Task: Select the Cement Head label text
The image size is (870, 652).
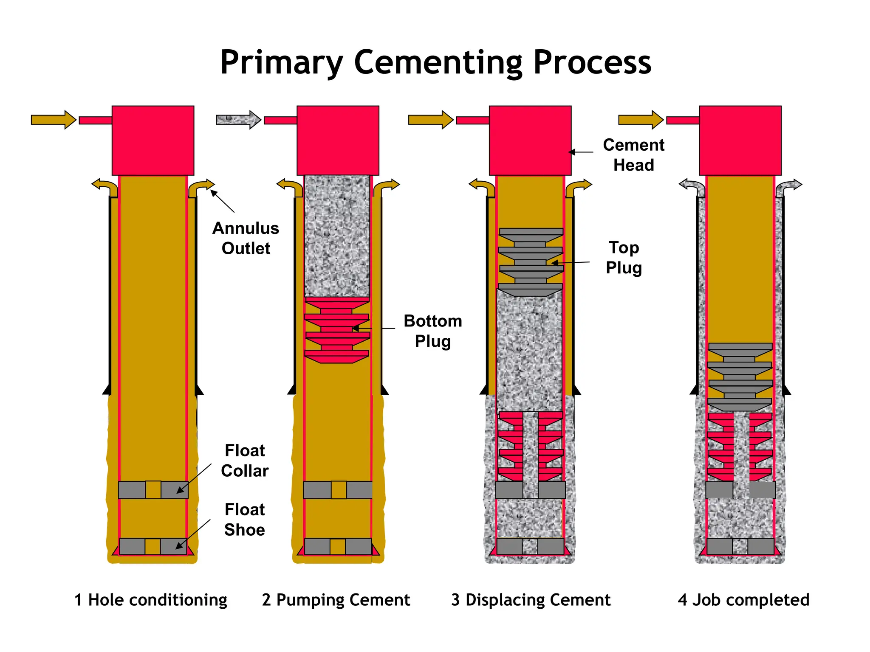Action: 633,155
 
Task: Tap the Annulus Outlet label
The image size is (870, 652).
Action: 246,238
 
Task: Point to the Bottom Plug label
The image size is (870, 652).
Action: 432,331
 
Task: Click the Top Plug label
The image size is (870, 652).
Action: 624,257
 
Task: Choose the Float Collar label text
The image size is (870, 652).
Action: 245,461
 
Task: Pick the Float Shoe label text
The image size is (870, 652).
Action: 245,520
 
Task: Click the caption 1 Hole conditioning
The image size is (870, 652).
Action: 151,600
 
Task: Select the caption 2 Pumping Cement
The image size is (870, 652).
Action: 336,600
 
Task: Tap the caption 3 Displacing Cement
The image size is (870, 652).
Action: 531,600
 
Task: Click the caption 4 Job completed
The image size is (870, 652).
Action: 743,600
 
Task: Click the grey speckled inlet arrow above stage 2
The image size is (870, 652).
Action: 238,120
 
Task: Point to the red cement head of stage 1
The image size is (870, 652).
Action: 153,140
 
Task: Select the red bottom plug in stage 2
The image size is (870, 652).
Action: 337,330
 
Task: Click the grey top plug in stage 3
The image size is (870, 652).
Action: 531,262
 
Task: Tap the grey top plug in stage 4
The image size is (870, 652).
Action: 740,377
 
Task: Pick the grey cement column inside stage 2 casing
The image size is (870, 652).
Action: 337,236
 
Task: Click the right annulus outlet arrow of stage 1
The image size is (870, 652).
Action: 201,187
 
